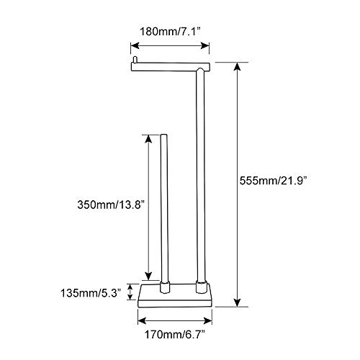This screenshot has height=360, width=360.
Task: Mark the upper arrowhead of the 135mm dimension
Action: [129, 285]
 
